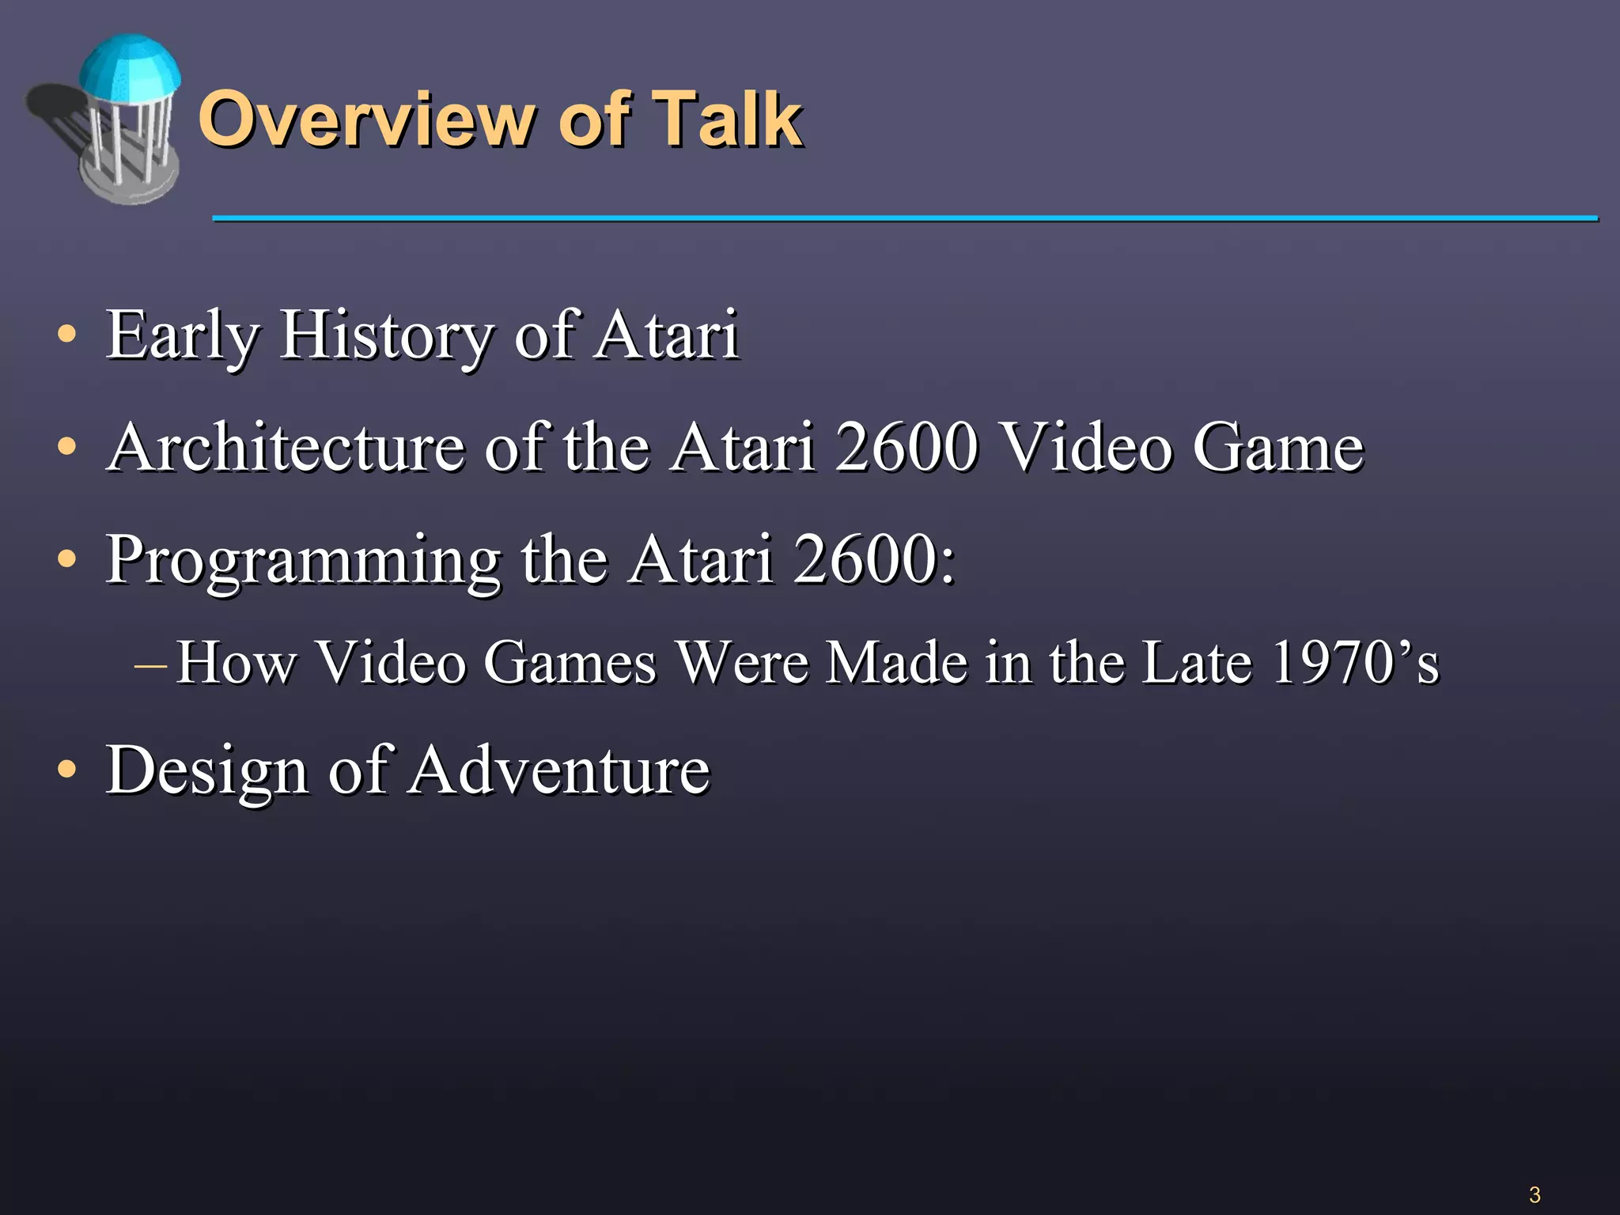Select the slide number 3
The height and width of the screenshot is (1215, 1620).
coord(1535,1194)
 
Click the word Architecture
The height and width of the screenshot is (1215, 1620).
coord(285,449)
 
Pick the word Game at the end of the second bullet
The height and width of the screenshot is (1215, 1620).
coord(1278,449)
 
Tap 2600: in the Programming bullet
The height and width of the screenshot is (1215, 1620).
coord(875,560)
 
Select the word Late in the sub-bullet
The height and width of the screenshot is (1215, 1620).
coord(1198,663)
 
